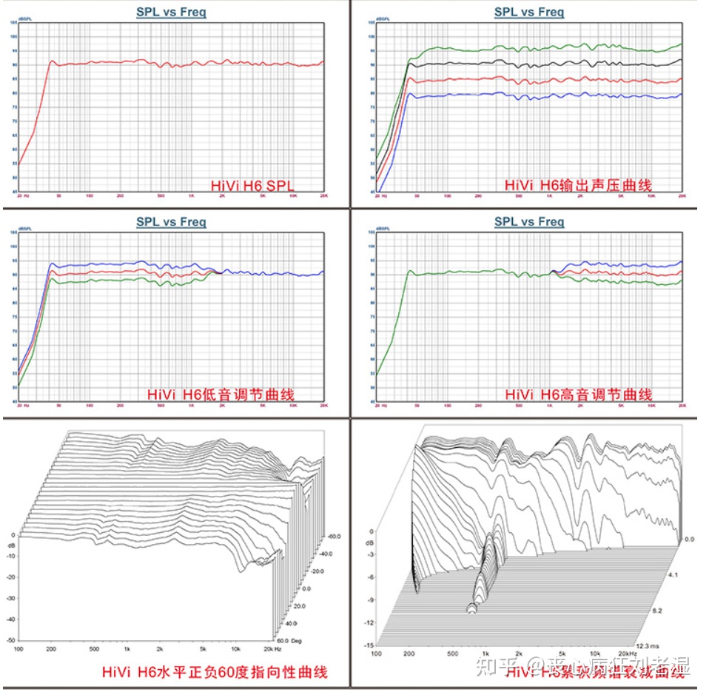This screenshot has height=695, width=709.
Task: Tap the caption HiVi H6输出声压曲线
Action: [578, 184]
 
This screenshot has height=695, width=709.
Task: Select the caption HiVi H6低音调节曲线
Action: [221, 394]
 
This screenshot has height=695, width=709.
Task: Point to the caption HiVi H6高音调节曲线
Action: [578, 394]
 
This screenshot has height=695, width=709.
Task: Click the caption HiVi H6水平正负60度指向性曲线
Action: [215, 672]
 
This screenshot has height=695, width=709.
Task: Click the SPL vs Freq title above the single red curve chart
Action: [171, 11]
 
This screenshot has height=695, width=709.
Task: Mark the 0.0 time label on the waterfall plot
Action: [688, 540]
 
